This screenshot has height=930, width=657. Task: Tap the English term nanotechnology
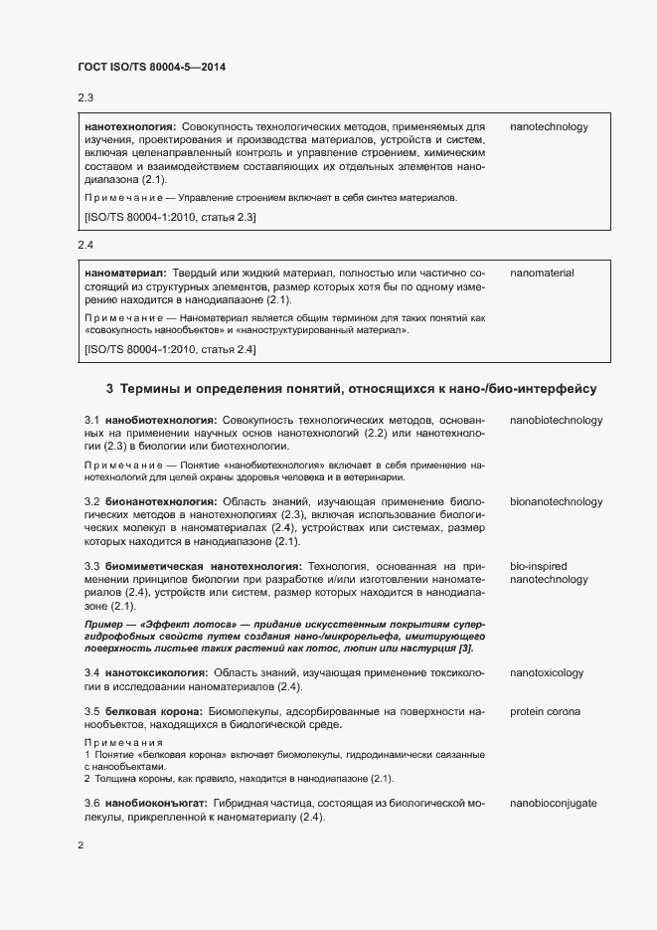(549, 127)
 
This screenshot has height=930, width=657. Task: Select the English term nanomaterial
(543, 273)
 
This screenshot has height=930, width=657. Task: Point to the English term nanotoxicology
(547, 673)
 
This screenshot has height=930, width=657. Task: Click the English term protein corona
(546, 712)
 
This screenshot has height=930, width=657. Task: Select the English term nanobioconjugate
(554, 803)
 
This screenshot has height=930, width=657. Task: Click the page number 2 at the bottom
(81, 845)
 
